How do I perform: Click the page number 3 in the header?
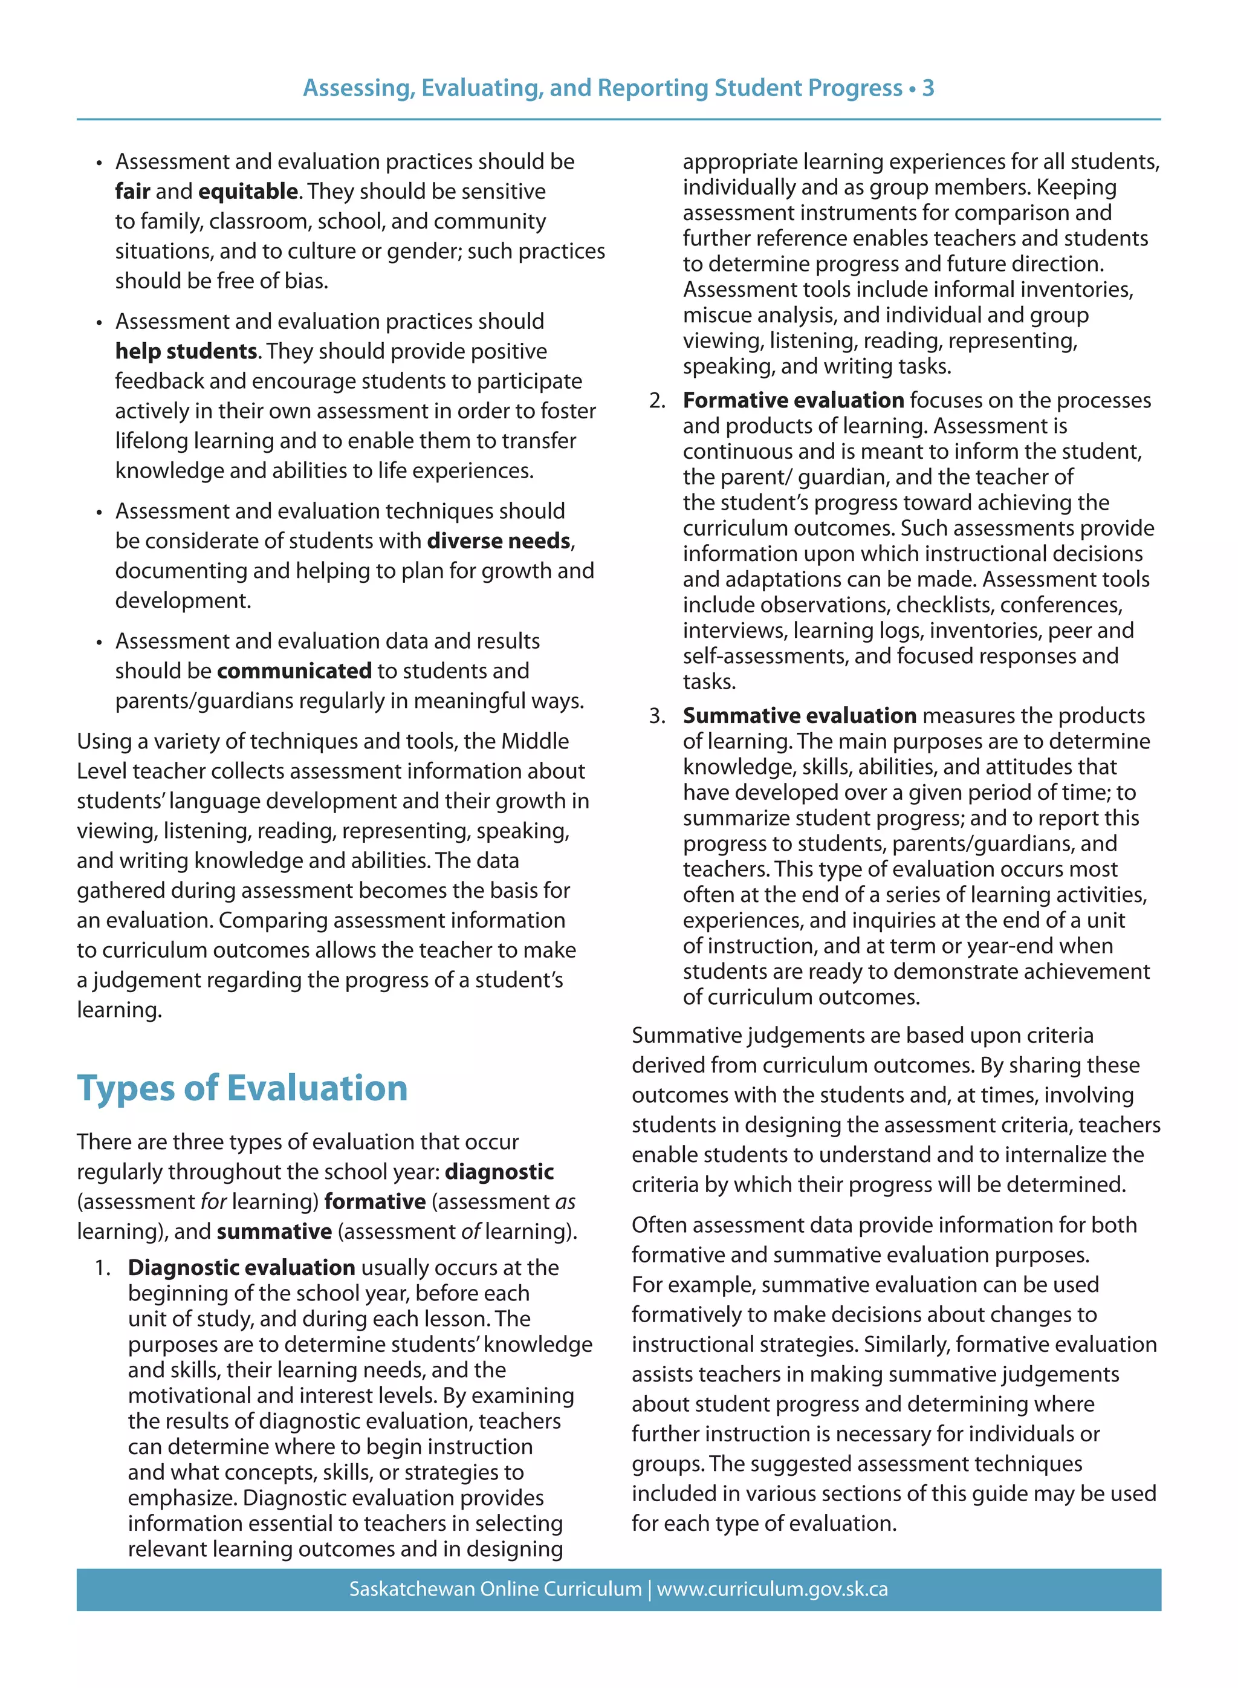click(x=928, y=88)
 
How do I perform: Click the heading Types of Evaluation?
click(x=242, y=1088)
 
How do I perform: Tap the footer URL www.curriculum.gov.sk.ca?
click(x=772, y=1589)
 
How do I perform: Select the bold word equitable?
click(x=248, y=191)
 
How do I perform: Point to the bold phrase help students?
click(x=186, y=351)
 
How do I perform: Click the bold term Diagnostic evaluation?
click(x=241, y=1267)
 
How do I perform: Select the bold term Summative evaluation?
click(x=799, y=715)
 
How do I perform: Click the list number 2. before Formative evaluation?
click(x=657, y=400)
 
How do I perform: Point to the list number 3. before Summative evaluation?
click(x=657, y=716)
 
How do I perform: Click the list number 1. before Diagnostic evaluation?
click(x=103, y=1267)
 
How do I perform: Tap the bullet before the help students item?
click(x=99, y=322)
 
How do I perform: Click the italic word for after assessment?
click(x=213, y=1201)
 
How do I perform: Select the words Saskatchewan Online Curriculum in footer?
click(x=495, y=1589)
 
